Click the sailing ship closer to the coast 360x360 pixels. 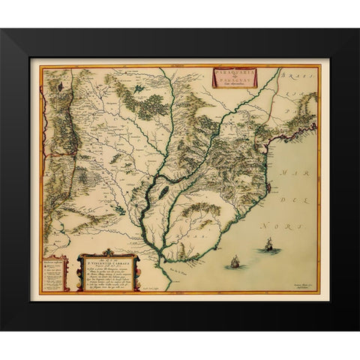click(x=234, y=261)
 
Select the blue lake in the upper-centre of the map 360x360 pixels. click(x=140, y=90)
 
